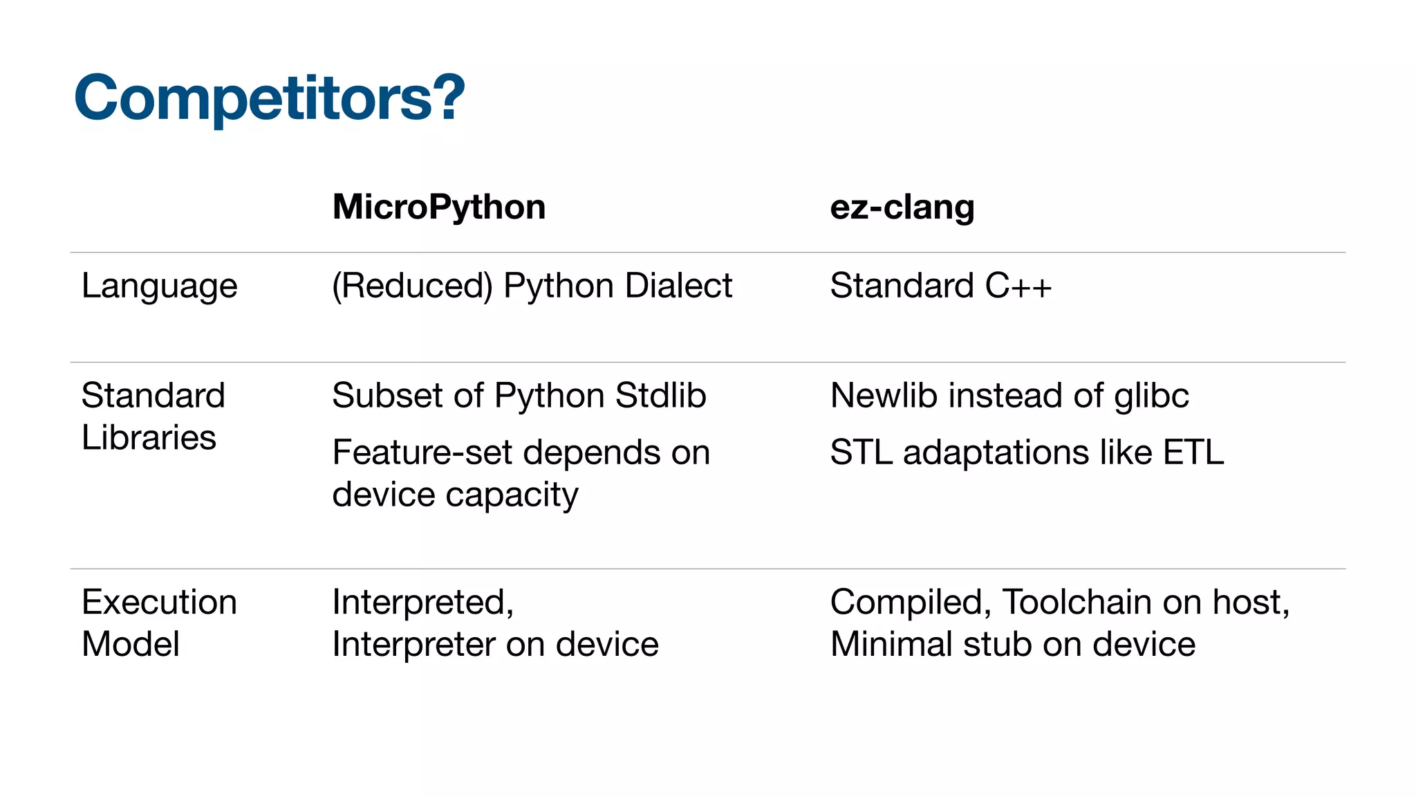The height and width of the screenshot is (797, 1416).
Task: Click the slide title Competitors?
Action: (270, 98)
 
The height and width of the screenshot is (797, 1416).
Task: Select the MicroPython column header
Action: (439, 207)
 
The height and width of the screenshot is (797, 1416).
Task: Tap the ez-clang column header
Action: (902, 207)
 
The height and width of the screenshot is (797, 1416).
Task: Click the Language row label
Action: (159, 286)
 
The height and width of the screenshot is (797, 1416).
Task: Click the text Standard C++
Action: (940, 286)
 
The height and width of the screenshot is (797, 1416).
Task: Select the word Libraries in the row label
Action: (149, 437)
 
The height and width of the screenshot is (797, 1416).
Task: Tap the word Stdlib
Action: (660, 396)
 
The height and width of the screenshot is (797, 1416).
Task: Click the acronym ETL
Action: (1193, 452)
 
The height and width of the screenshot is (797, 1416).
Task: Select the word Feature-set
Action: (422, 452)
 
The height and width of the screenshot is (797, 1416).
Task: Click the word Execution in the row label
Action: (159, 602)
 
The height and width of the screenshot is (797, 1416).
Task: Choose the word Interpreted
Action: (420, 602)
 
